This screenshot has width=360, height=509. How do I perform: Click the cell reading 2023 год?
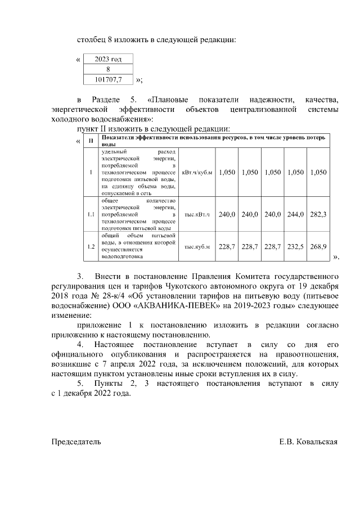tap(108, 58)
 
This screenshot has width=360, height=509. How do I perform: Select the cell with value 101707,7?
tap(108, 79)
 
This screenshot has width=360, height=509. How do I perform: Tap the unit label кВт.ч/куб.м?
tap(197, 172)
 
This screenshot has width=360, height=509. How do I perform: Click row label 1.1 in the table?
tap(91, 214)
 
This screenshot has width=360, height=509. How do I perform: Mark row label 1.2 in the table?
tap(91, 247)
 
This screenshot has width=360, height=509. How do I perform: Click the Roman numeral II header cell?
tap(91, 140)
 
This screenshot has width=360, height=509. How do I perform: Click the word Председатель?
tap(76, 442)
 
